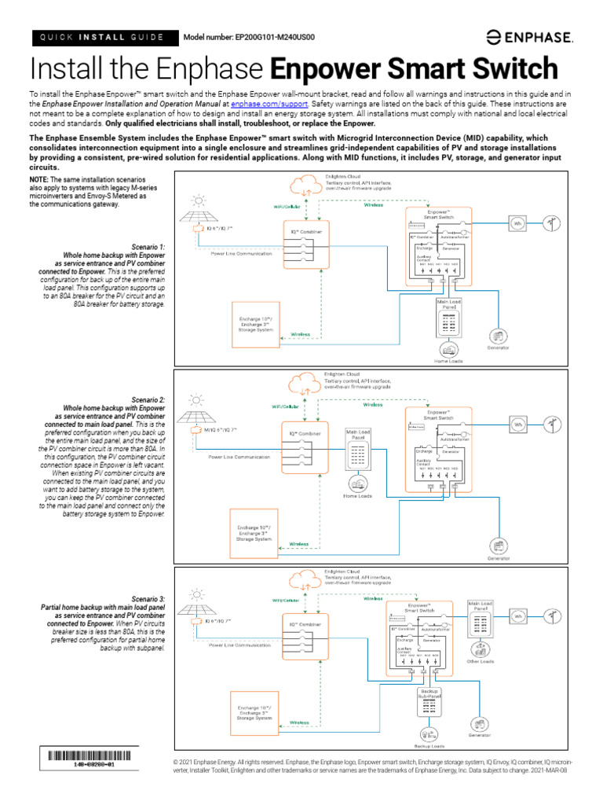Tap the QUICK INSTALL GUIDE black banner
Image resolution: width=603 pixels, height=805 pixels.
tap(102, 37)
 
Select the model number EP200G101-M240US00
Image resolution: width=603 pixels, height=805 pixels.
tap(248, 37)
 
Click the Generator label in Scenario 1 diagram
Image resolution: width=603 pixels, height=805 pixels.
tap(498, 347)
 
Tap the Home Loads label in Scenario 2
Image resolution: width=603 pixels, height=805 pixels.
tap(357, 496)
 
